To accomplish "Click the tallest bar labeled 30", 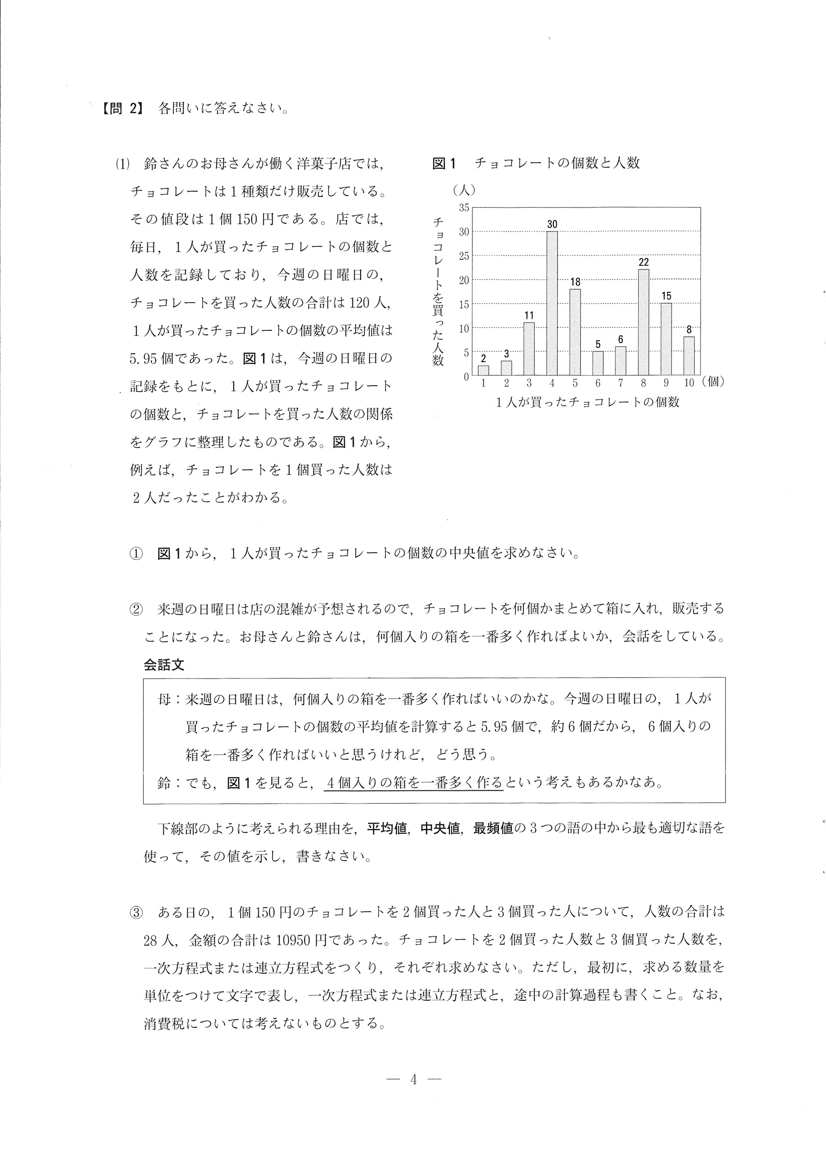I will (x=552, y=303).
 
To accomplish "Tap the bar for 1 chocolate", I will (x=483, y=370).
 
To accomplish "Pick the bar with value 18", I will (x=575, y=331).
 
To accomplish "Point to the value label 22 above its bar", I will (x=643, y=262).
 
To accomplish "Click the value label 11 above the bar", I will (x=529, y=316).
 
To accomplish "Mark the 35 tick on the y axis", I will (x=464, y=208).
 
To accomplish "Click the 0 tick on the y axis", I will (x=466, y=377).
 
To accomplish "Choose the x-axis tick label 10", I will (x=689, y=383).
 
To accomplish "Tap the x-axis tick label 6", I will (x=598, y=383).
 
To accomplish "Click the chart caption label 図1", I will (x=444, y=163).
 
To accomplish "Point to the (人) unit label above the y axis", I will (x=463, y=190).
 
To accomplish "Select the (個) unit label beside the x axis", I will (x=713, y=382).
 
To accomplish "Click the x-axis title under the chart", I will (x=587, y=402).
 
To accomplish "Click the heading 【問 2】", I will (x=120, y=109).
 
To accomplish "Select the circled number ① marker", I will (x=136, y=553).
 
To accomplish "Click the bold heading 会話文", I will (x=164, y=665).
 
